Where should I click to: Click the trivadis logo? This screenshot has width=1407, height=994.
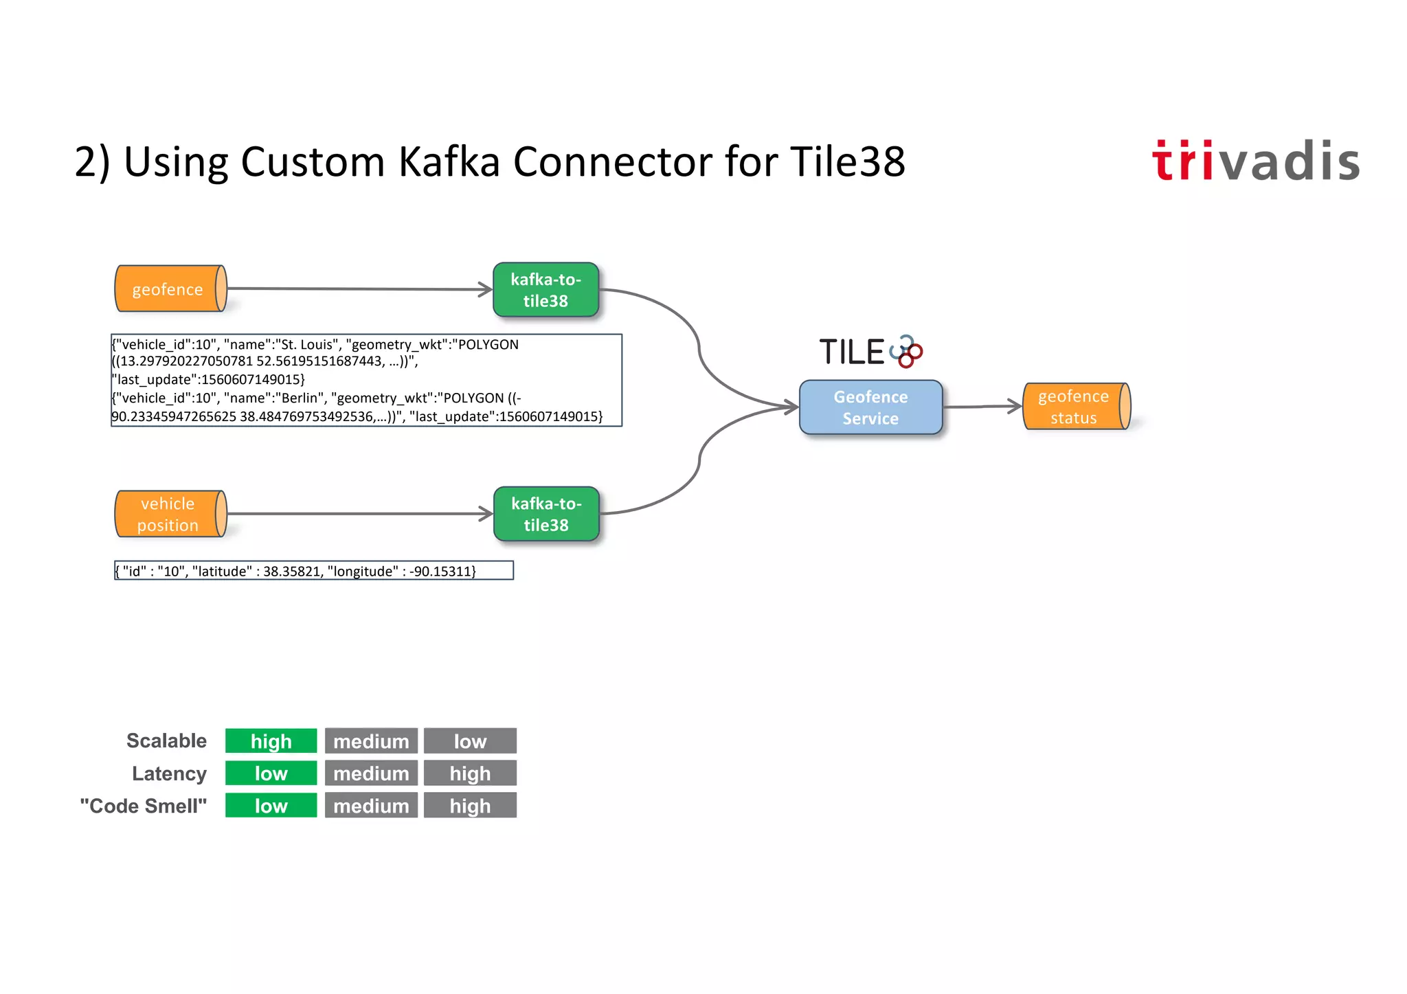(x=1255, y=161)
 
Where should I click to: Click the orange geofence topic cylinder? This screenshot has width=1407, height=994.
(x=170, y=289)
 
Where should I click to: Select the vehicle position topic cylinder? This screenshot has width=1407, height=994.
(x=170, y=514)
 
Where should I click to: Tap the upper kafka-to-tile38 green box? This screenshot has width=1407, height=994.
(x=545, y=290)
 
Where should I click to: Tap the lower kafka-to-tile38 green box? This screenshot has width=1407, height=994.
(x=546, y=514)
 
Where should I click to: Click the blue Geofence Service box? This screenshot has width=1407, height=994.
(x=870, y=407)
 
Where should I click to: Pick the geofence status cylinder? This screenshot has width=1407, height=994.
(x=1075, y=407)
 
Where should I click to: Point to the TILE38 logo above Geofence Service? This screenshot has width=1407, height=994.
(x=870, y=352)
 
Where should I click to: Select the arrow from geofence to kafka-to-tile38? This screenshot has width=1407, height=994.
(x=357, y=289)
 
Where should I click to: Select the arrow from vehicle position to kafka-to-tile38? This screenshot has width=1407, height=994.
(x=357, y=513)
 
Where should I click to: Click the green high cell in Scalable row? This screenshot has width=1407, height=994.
(x=271, y=741)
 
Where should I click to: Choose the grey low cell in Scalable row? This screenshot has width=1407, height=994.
(x=470, y=741)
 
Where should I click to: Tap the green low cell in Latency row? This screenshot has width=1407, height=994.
(x=271, y=773)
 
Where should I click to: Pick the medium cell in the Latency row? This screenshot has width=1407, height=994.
(x=371, y=773)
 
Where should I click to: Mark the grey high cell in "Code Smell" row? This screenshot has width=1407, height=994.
(x=470, y=806)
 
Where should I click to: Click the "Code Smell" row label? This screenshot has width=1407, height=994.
(x=143, y=806)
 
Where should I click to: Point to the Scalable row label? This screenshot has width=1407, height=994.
(x=166, y=741)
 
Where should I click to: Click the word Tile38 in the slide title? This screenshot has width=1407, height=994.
(x=846, y=162)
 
